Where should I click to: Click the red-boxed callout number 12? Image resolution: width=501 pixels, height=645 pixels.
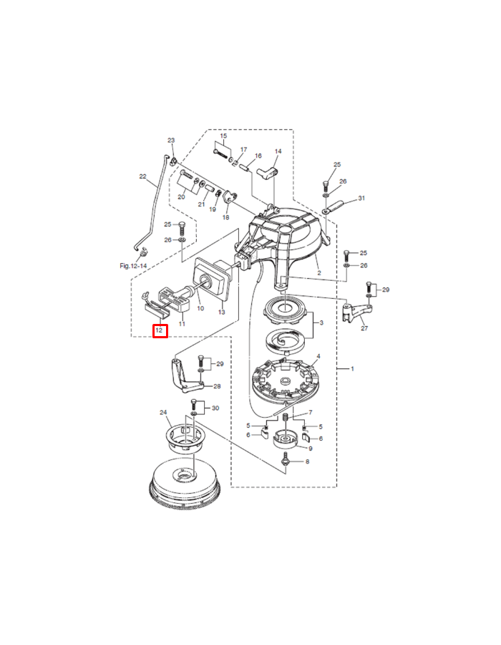pyautogui.click(x=160, y=330)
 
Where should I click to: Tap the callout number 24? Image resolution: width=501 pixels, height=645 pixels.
pyautogui.click(x=163, y=412)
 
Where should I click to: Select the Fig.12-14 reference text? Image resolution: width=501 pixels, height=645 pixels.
pyautogui.click(x=133, y=266)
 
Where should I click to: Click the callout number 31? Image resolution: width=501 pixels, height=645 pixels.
pyautogui.click(x=361, y=199)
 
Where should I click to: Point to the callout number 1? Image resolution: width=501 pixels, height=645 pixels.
pyautogui.click(x=352, y=368)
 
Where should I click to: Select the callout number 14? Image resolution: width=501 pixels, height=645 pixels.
pyautogui.click(x=278, y=151)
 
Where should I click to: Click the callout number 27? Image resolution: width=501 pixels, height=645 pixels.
pyautogui.click(x=364, y=328)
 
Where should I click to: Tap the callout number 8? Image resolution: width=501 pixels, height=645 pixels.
pyautogui.click(x=307, y=462)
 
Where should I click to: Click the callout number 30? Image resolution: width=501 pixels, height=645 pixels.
pyautogui.click(x=215, y=408)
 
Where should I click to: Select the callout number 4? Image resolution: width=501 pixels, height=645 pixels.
pyautogui.click(x=318, y=356)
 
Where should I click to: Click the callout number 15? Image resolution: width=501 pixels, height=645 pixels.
pyautogui.click(x=223, y=136)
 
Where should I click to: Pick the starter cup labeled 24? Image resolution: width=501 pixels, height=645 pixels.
pyautogui.click(x=187, y=439)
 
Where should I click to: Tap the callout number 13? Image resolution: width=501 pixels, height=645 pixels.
pyautogui.click(x=222, y=312)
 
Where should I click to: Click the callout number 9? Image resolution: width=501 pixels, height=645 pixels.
pyautogui.click(x=311, y=449)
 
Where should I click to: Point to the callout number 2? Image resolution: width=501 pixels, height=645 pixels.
pyautogui.click(x=319, y=273)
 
